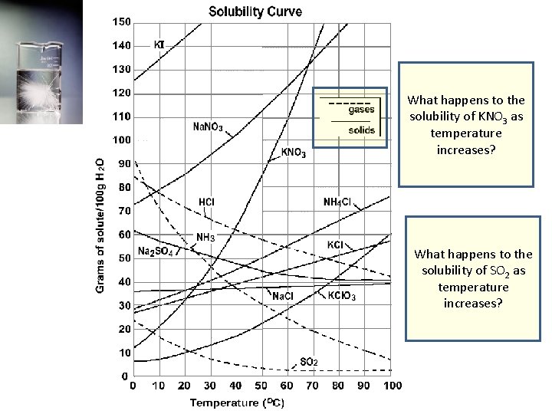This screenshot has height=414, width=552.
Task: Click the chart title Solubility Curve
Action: [255, 11]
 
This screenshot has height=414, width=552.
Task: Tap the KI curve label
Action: [159, 44]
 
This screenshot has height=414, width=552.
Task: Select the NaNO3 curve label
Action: [208, 127]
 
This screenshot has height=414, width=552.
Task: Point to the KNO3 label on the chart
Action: [293, 153]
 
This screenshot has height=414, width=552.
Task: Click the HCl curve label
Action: [206, 202]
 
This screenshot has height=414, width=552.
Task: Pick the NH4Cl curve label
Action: [337, 202]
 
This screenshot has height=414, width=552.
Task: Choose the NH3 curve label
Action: [205, 237]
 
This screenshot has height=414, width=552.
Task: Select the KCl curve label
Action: [335, 245]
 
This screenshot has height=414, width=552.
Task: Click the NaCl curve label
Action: [282, 296]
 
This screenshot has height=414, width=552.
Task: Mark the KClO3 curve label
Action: [341, 296]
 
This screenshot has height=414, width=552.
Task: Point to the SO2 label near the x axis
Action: [309, 361]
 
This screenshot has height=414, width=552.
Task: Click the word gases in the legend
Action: [361, 110]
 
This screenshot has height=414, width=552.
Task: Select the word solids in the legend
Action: [361, 130]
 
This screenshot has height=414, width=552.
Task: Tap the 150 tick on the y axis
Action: [121, 21]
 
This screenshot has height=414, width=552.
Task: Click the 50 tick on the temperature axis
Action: [261, 386]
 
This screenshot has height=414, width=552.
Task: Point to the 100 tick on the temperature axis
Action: [392, 386]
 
